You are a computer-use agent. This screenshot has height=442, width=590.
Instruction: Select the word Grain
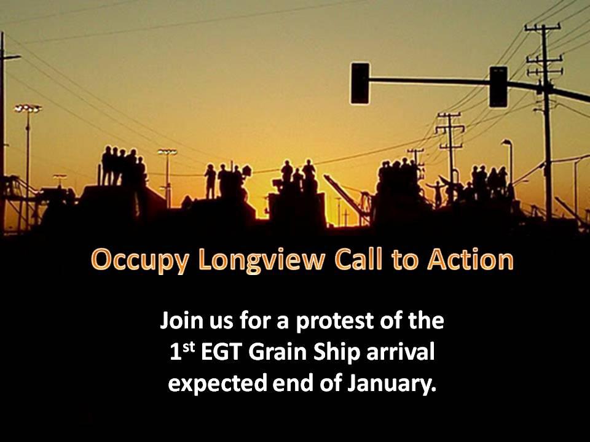click(278, 352)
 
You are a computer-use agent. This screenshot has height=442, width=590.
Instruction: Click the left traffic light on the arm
click(360, 83)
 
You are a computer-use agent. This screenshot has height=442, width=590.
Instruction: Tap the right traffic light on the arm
click(498, 87)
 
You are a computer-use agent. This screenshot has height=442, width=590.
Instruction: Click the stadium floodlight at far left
click(28, 109)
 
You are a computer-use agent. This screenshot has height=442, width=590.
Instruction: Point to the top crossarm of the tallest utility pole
click(543, 27)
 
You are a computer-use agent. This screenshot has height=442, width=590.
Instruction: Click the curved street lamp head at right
click(506, 141)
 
